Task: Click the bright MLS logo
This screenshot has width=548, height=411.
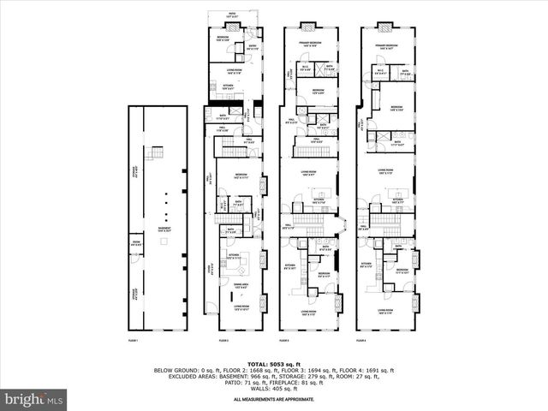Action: (x=34, y=399)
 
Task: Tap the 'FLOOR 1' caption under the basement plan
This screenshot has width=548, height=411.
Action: (x=133, y=341)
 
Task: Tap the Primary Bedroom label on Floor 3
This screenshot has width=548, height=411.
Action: (x=309, y=45)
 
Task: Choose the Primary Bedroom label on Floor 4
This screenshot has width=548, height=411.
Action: (x=385, y=46)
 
